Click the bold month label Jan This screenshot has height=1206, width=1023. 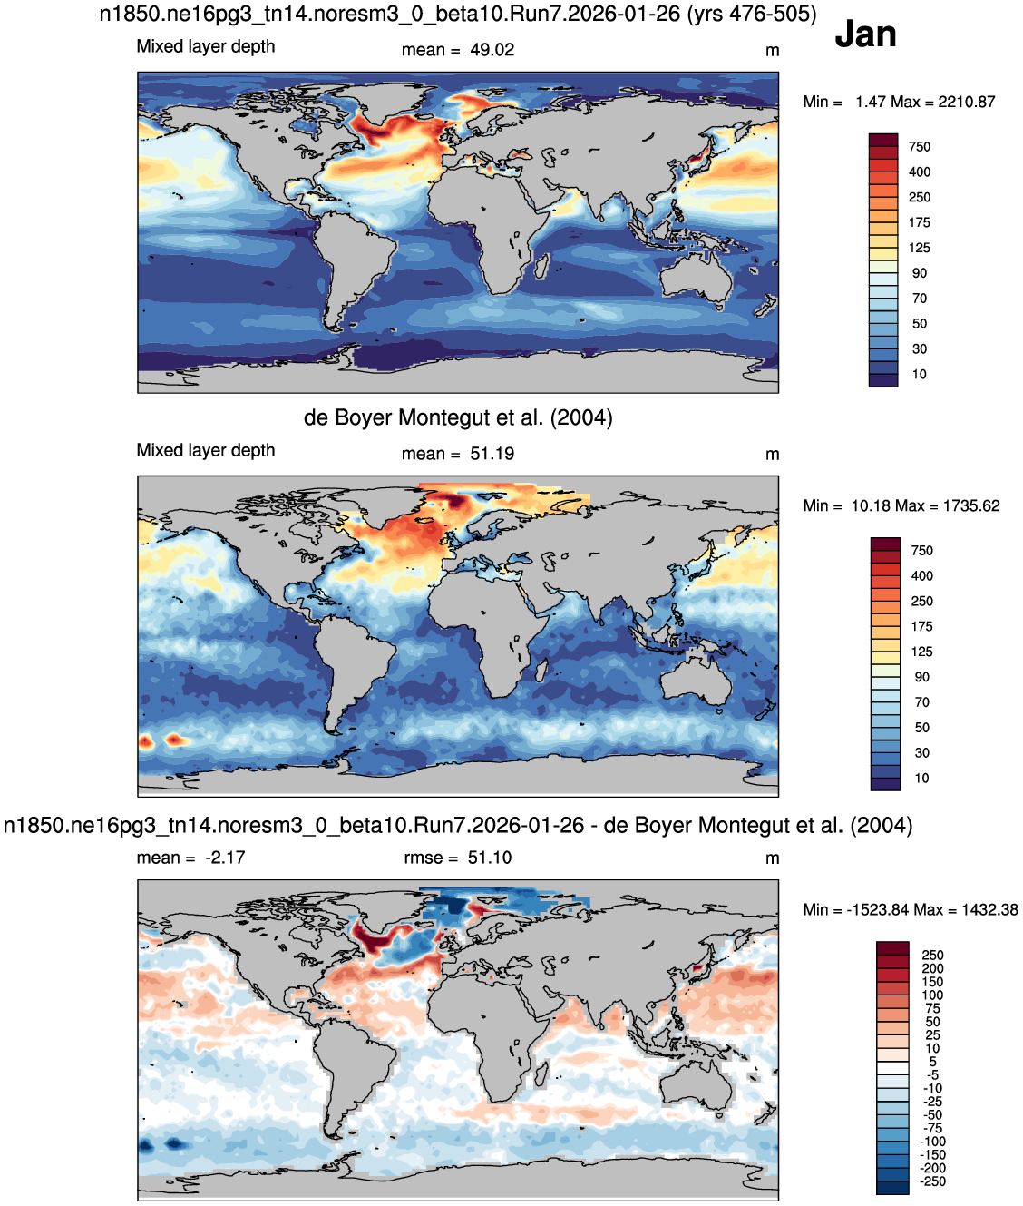click(865, 34)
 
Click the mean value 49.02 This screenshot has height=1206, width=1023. click(492, 50)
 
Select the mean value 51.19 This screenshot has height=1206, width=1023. click(492, 454)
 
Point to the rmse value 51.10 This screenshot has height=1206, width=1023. click(490, 858)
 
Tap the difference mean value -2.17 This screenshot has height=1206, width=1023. click(225, 858)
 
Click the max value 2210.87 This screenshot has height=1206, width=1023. click(967, 103)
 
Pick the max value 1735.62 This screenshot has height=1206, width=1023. click(971, 505)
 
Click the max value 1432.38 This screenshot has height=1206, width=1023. click(989, 909)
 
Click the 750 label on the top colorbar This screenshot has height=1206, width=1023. click(920, 147)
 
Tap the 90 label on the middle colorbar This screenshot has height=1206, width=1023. click(921, 677)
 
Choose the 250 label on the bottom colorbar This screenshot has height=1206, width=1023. click(932, 956)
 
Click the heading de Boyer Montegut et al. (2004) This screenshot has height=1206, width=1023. click(458, 418)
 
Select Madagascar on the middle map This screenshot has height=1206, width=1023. click(541, 671)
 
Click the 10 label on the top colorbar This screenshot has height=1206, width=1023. click(920, 375)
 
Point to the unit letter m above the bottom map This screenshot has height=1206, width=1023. click(772, 858)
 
